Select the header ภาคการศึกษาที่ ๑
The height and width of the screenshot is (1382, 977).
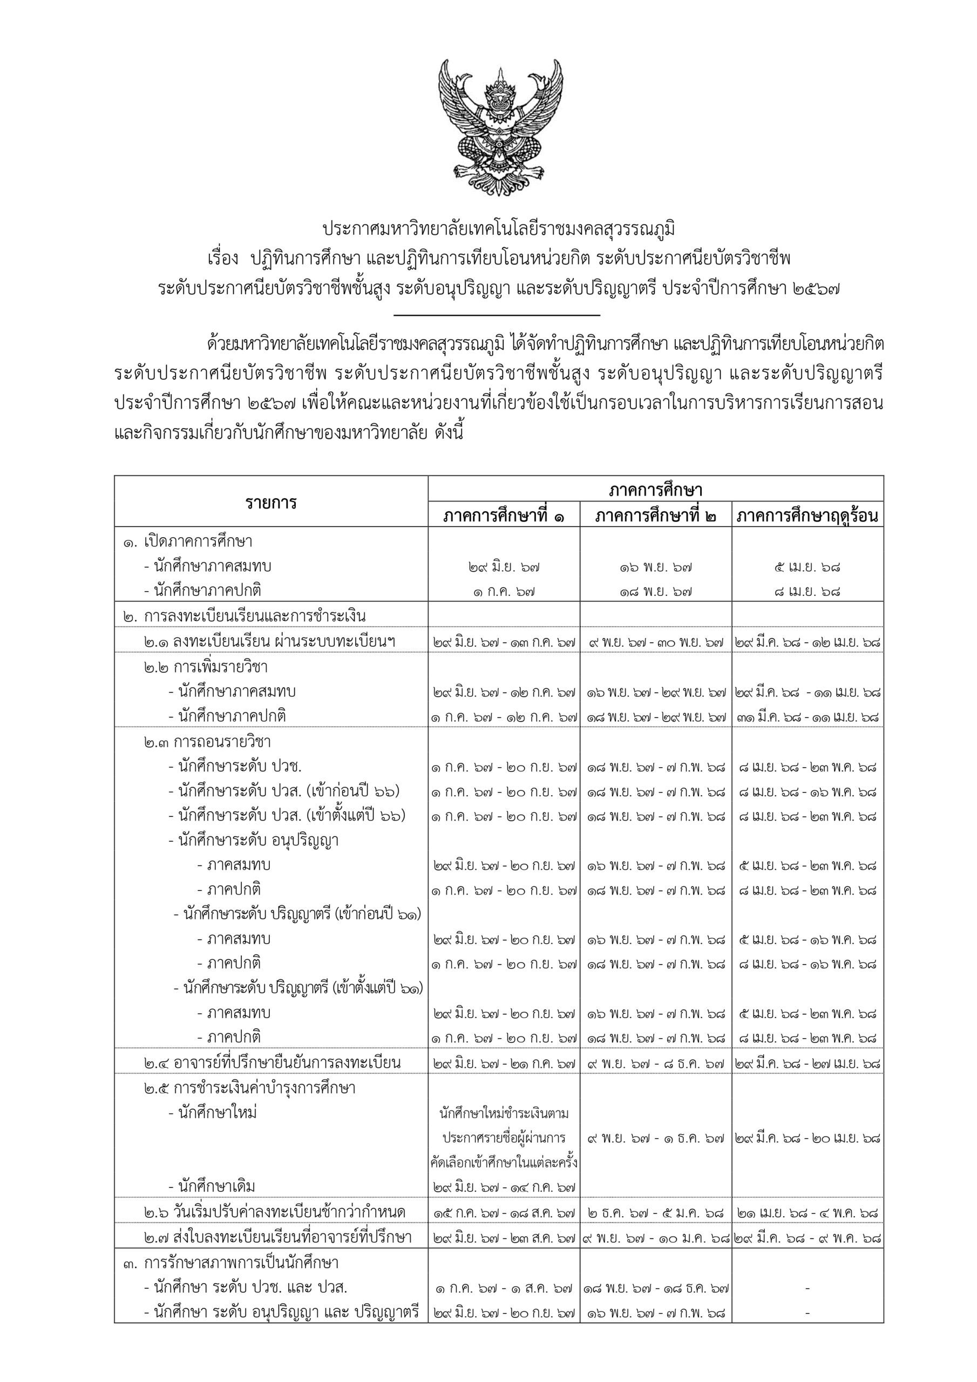click(504, 516)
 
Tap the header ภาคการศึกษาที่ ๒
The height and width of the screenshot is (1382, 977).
click(655, 516)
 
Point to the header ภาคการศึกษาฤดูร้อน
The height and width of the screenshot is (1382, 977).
click(808, 516)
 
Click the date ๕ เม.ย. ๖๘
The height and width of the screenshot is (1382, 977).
click(808, 566)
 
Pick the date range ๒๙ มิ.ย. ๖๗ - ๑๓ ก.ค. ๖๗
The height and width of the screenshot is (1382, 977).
click(504, 642)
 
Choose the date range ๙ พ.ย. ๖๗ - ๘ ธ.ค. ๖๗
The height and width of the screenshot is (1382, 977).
click(655, 1063)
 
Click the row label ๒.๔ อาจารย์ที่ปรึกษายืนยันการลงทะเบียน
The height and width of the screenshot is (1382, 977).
click(272, 1063)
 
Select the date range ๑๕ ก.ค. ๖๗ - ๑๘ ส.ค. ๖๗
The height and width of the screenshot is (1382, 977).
click(504, 1213)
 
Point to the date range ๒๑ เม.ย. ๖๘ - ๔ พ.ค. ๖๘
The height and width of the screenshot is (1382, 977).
click(808, 1213)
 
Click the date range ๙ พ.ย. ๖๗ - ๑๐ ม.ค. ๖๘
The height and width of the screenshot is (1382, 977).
click(655, 1238)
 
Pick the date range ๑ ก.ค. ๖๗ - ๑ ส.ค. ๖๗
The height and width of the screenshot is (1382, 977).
click(504, 1288)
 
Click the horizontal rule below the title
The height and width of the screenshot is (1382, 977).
click(497, 315)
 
